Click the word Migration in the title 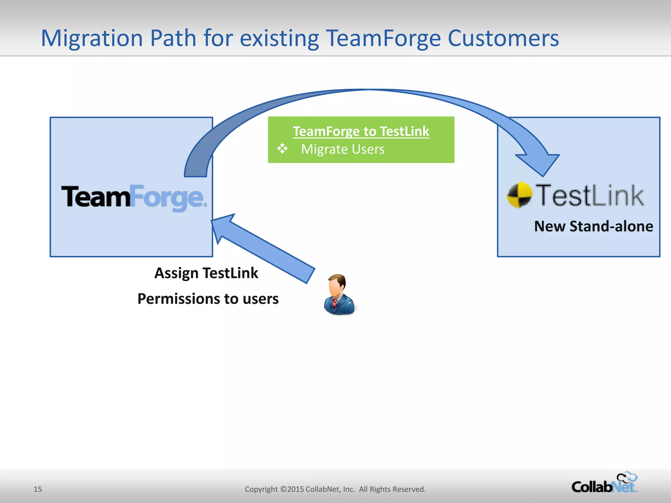(x=92, y=39)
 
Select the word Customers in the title (x=503, y=39)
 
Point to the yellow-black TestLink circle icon (x=519, y=195)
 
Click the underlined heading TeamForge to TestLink (x=361, y=131)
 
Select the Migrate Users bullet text (x=343, y=149)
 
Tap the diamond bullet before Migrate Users (x=282, y=149)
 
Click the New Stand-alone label (x=593, y=226)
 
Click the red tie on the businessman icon (x=335, y=303)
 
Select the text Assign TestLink (x=206, y=273)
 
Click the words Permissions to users (x=208, y=299)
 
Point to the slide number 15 (x=38, y=489)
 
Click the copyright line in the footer (x=335, y=489)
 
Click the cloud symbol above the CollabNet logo (x=627, y=477)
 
